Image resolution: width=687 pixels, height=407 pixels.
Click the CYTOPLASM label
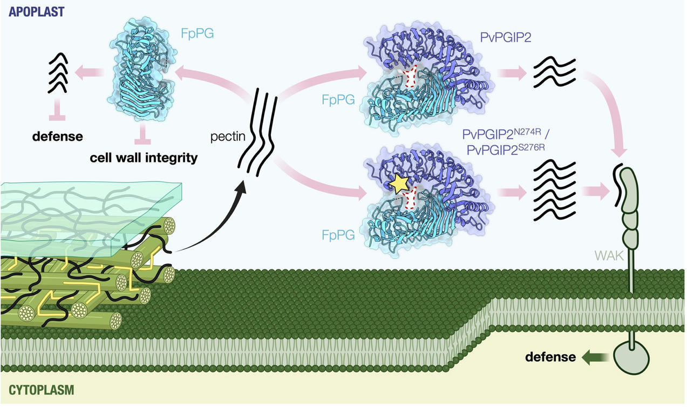pyautogui.click(x=42, y=390)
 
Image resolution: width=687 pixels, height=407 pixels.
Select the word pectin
pyautogui.click(x=228, y=137)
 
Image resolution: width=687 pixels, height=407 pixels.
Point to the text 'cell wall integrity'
pyautogui.click(x=144, y=158)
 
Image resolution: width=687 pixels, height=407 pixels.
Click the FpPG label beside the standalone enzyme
pyautogui.click(x=197, y=35)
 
